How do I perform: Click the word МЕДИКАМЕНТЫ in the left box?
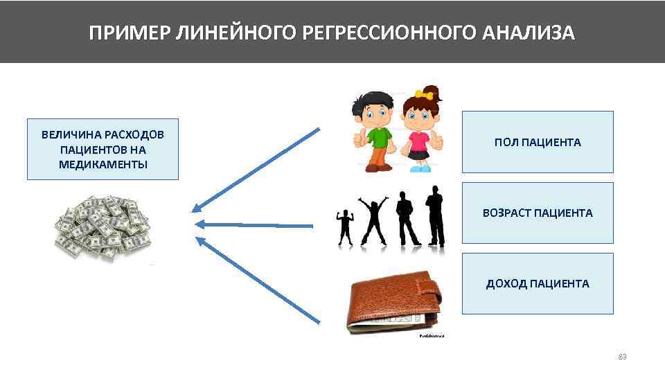pyautogui.click(x=103, y=164)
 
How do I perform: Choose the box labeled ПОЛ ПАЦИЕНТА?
pyautogui.click(x=538, y=142)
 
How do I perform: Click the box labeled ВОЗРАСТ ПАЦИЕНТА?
pyautogui.click(x=538, y=213)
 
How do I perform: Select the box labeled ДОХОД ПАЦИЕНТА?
pyautogui.click(x=538, y=283)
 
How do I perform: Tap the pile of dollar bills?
pyautogui.click(x=103, y=226)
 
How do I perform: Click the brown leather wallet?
pyautogui.click(x=393, y=305)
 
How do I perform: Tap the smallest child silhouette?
pyautogui.click(x=344, y=227)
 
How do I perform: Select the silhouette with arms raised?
pyautogui.click(x=373, y=220)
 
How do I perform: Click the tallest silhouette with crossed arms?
pyautogui.click(x=435, y=216)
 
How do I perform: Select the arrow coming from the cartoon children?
pyautogui.click(x=256, y=168)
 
